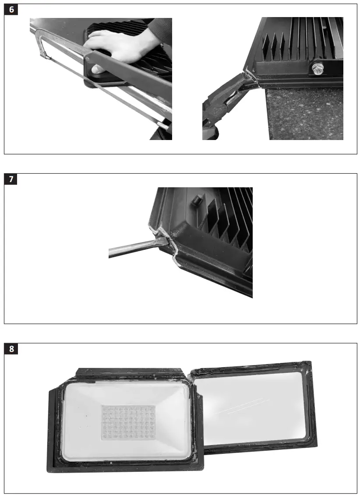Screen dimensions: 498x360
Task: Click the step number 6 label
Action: click(11, 10)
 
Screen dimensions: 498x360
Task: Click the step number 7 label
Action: click(11, 179)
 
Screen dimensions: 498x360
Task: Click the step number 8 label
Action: click(11, 349)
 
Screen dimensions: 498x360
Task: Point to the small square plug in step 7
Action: click(196, 200)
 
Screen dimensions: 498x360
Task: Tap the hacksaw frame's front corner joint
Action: click(43, 54)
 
